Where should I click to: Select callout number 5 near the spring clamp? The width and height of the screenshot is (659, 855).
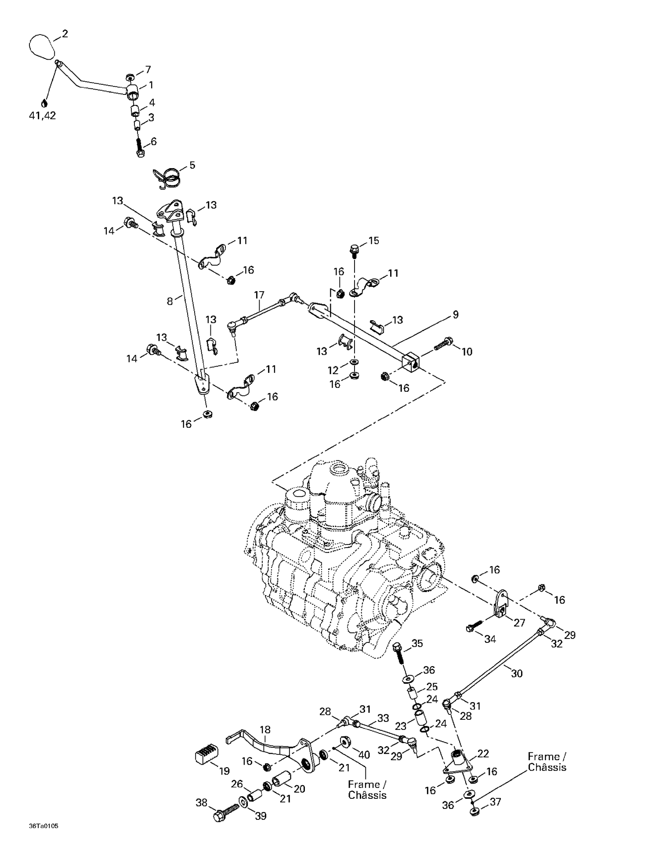tap(192, 165)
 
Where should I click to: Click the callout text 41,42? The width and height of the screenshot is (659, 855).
tap(42, 116)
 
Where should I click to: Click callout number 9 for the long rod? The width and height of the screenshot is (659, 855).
tap(456, 314)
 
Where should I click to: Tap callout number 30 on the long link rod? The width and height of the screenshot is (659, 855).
tap(517, 673)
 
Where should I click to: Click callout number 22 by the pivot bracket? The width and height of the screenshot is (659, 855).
tap(483, 754)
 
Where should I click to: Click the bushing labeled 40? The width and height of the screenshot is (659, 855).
tap(344, 743)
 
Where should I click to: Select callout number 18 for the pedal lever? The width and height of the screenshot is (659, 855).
tap(265, 730)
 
